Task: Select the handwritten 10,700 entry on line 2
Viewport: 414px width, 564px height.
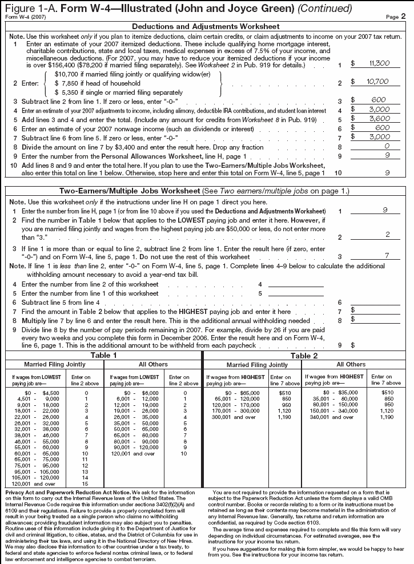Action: coord(378,82)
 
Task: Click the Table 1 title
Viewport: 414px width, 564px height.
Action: coord(104,354)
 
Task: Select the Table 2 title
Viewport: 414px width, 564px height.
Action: coord(307,354)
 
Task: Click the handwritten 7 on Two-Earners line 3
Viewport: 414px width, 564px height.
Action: coord(387,256)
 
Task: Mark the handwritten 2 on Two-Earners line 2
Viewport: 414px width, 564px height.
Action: coord(387,235)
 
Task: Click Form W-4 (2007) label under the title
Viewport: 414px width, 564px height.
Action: coord(19,17)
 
